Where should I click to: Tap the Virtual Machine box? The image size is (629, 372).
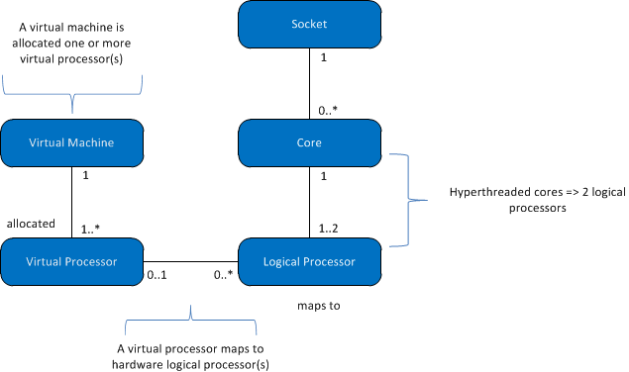tap(71, 142)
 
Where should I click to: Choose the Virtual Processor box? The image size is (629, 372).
tap(71, 261)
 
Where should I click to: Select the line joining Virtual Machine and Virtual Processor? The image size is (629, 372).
tap(71, 202)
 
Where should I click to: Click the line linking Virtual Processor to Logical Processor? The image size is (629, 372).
tap(191, 261)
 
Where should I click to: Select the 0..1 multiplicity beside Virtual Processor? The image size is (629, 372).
tap(157, 274)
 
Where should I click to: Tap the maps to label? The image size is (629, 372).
tap(319, 306)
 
